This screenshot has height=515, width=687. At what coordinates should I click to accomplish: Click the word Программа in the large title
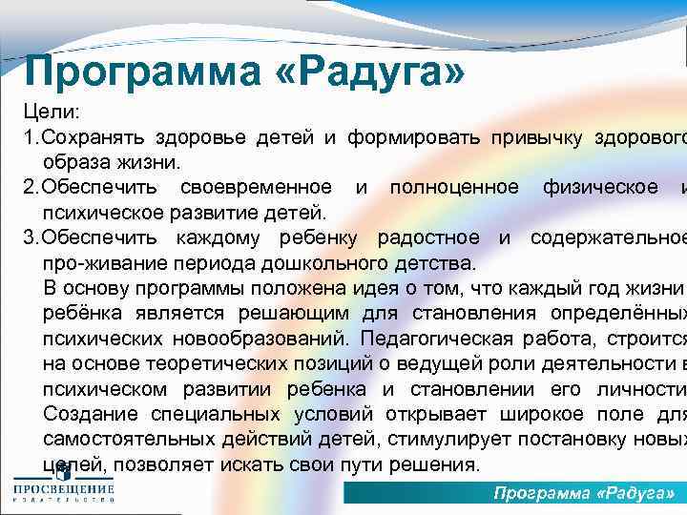pos(140,70)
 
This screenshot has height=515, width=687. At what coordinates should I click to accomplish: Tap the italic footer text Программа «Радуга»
pos(584,492)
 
